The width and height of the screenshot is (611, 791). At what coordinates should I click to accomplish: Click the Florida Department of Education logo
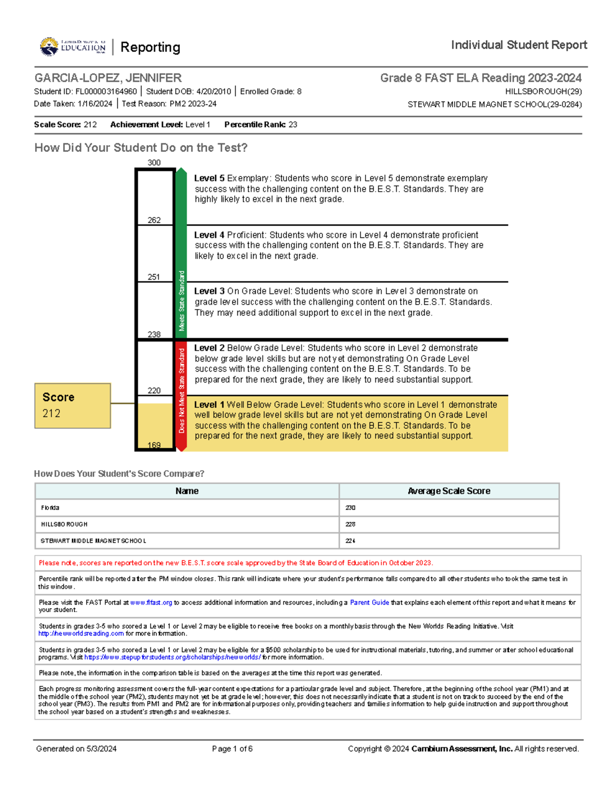coord(73,47)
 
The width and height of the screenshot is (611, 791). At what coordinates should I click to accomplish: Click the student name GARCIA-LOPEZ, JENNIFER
coord(108,78)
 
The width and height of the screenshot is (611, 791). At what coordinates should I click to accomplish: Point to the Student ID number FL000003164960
coord(106,92)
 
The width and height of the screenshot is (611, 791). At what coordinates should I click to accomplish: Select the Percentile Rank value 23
coord(293,125)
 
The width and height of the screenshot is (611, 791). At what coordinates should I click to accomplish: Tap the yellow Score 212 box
coord(72,405)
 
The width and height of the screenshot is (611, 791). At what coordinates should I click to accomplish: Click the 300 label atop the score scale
coord(154,162)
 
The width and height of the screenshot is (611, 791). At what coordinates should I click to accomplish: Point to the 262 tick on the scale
coord(154,220)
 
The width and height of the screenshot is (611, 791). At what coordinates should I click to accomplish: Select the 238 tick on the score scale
coord(154,334)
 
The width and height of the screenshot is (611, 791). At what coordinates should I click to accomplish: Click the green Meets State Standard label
coord(181,301)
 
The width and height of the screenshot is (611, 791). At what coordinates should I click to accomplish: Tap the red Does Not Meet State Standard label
coord(181,391)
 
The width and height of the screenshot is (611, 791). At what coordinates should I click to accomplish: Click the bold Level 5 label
coord(209,178)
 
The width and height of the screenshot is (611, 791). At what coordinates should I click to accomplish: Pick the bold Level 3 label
coord(209,291)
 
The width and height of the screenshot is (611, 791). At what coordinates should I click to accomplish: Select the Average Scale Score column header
coord(449,491)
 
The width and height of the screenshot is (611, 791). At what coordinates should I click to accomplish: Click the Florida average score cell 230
coord(350,508)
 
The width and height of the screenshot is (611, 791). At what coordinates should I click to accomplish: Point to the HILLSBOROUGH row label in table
coord(64,524)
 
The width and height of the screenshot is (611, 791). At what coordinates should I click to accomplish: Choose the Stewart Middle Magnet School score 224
coord(350,541)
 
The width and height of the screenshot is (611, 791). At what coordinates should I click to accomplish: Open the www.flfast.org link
coord(151,603)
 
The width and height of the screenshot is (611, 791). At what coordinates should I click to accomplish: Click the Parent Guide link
coord(369,603)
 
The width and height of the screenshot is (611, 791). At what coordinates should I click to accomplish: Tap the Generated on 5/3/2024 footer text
coord(76,749)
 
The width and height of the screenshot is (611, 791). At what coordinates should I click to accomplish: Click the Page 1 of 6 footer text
coord(232,749)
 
